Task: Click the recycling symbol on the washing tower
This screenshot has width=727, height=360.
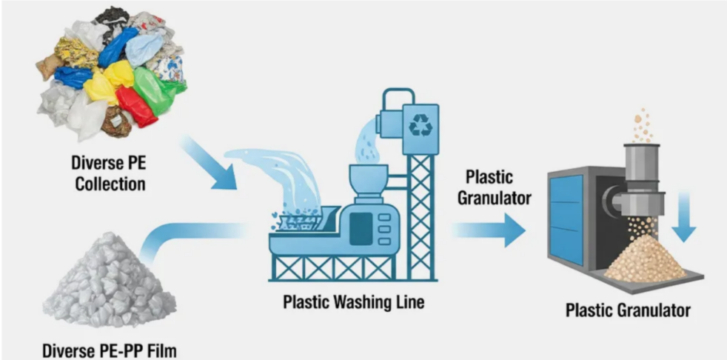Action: tap(421, 124)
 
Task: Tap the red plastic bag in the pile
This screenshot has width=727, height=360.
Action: tap(135, 106)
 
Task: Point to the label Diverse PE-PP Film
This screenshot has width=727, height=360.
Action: tap(110, 350)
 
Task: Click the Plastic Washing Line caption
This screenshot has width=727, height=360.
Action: tap(353, 302)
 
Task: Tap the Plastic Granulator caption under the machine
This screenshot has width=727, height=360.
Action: tap(628, 310)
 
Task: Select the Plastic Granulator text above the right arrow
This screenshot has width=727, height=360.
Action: tap(495, 187)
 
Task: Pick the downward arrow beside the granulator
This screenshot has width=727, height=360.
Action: tap(684, 217)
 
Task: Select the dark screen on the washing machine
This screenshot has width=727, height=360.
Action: tap(361, 229)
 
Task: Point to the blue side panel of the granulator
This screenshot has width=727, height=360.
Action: tap(566, 218)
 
